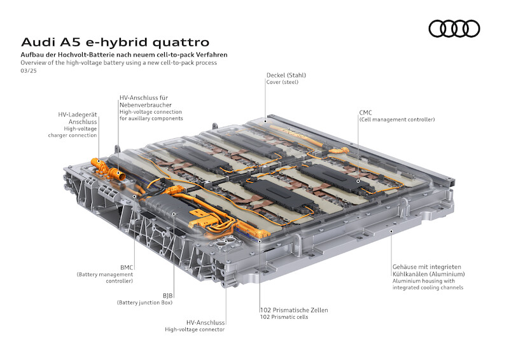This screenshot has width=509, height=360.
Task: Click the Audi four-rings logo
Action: tap(454, 29)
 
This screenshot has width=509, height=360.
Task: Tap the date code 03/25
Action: tap(29, 71)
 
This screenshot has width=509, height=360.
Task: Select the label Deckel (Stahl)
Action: tap(286, 75)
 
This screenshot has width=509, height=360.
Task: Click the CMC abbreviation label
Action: tap(365, 113)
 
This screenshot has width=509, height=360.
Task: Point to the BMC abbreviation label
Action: tap(127, 268)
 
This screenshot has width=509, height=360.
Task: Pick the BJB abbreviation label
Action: tap(167, 296)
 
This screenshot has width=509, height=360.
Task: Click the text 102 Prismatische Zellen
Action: tap(294, 310)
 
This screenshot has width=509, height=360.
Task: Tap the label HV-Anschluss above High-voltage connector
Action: tap(205, 322)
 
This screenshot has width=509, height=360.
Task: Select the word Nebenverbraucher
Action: tap(146, 105)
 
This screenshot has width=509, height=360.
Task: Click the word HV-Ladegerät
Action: tap(77, 114)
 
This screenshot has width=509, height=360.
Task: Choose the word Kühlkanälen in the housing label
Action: tap(408, 274)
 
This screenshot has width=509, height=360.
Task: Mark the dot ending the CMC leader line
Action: tap(358, 181)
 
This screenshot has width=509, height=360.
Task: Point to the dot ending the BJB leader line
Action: tap(174, 214)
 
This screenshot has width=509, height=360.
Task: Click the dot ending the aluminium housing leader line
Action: tap(391, 232)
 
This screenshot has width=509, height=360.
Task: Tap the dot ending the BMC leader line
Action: tap(134, 197)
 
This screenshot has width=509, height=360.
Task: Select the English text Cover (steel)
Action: tap(282, 82)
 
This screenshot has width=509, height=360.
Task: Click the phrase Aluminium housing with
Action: tap(424, 280)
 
